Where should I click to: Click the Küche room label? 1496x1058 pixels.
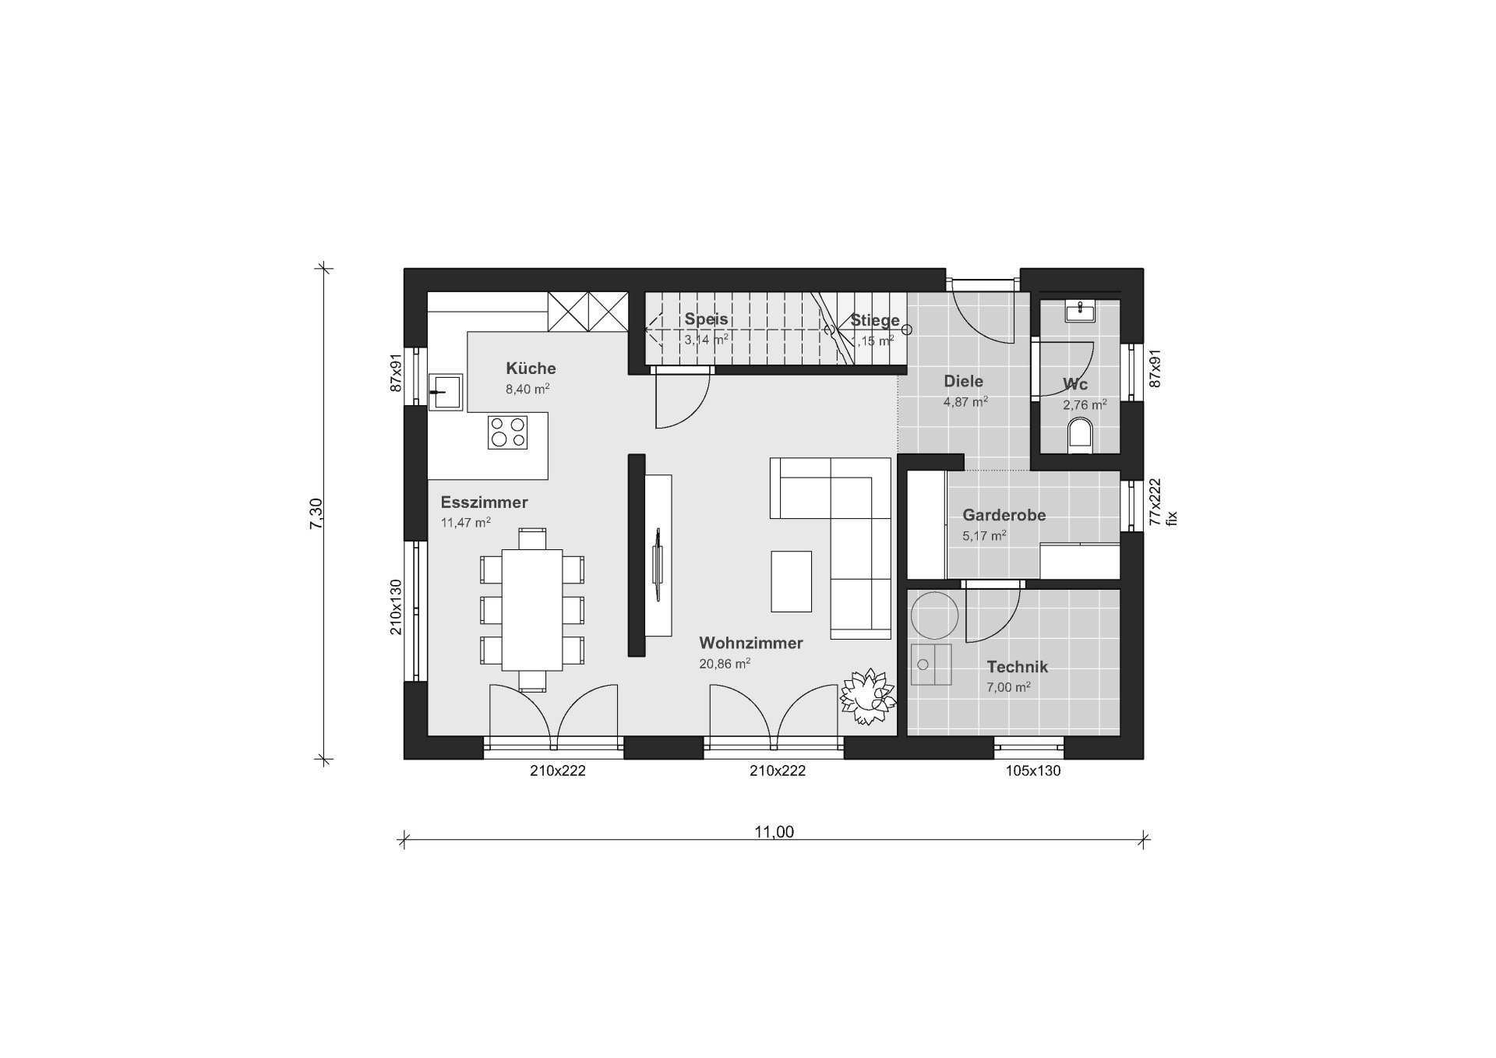[x=531, y=369]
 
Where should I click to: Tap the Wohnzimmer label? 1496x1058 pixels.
[x=751, y=643]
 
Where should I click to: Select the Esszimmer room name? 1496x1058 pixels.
[x=484, y=503]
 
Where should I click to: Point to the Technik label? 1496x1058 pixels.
[x=1017, y=667]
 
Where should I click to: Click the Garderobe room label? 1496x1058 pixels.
[x=1004, y=515]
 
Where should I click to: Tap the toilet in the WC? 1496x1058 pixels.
[x=1080, y=436]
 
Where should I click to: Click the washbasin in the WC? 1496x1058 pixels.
[x=1080, y=312]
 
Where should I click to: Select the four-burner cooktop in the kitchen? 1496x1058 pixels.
[x=507, y=432]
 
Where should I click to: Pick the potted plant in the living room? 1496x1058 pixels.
[x=866, y=696]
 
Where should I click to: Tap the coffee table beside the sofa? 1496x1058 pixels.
[x=792, y=581]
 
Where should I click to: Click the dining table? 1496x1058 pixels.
[x=532, y=609]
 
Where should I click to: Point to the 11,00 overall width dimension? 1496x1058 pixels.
[x=774, y=832]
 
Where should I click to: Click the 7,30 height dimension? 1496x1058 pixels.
[x=316, y=514]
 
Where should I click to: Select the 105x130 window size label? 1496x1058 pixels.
[x=1033, y=771]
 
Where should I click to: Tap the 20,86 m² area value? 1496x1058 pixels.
[x=725, y=664]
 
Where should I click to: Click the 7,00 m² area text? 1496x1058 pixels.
[x=1008, y=687]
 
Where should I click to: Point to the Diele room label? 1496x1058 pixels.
[x=963, y=381]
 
